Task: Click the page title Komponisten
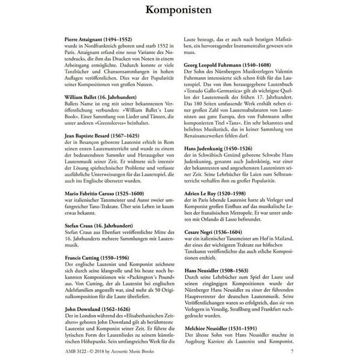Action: click(x=179, y=11)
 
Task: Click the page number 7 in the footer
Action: click(x=292, y=352)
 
